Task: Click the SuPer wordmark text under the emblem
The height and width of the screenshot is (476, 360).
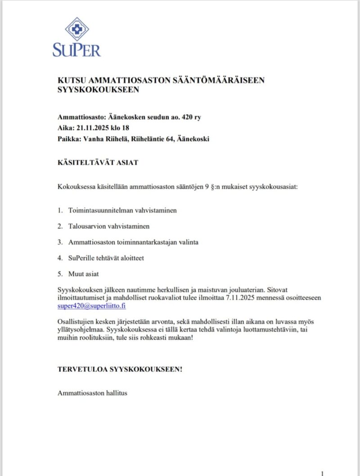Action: point(77,49)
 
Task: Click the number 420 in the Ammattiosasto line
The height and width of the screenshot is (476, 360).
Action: point(187,117)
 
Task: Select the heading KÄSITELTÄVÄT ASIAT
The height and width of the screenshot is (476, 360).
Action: point(98,162)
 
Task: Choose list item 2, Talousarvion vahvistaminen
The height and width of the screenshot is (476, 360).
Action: point(109,226)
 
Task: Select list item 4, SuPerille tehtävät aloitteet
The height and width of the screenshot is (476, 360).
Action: point(106,258)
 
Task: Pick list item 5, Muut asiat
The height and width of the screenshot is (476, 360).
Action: point(83,274)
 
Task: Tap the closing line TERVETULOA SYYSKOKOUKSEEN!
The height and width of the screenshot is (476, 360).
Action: point(120,369)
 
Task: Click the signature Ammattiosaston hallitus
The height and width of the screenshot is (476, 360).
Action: point(92,393)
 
